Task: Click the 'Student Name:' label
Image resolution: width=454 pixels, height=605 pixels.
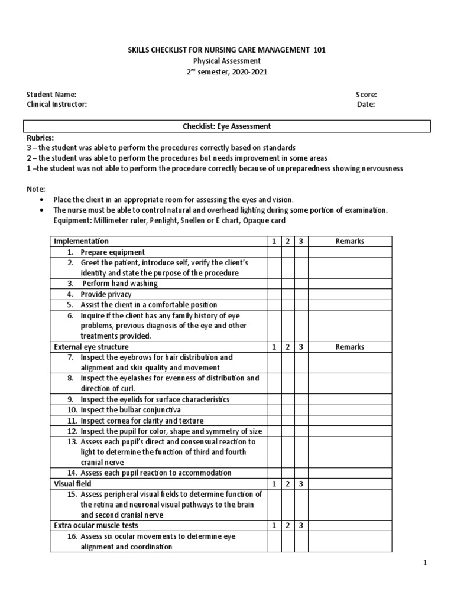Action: (x=51, y=94)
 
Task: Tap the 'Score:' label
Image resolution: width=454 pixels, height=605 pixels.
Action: (x=366, y=94)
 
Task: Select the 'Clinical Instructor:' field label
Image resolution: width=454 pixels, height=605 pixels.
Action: (x=57, y=105)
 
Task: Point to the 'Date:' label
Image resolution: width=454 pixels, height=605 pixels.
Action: (x=366, y=105)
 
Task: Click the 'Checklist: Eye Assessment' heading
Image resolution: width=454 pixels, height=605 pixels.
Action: (x=227, y=126)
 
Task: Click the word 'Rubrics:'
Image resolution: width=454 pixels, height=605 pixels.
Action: (x=40, y=136)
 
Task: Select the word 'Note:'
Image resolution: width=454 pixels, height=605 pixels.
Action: (x=35, y=189)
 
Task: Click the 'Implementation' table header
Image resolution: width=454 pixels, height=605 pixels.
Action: (x=82, y=241)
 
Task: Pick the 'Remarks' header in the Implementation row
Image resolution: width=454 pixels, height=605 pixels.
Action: (x=350, y=241)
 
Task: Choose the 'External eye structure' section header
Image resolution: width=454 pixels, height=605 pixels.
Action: (x=91, y=347)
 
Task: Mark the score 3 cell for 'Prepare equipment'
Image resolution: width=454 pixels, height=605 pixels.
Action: (x=301, y=252)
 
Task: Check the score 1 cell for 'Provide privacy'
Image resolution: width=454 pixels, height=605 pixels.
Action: (x=274, y=294)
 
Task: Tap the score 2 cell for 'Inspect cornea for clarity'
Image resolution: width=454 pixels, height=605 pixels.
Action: (x=287, y=421)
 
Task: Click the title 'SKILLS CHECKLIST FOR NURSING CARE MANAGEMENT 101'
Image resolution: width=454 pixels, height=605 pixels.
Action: (x=227, y=50)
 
